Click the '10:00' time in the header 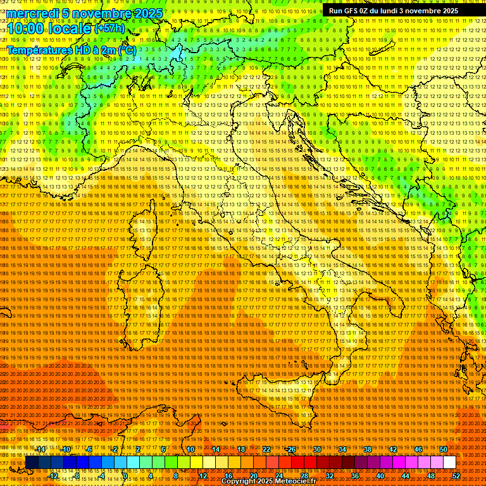24,29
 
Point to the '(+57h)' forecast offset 109,28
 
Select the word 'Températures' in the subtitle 37,49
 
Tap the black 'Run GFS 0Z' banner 394,11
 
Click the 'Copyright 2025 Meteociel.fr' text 277,482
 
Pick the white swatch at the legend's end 449,463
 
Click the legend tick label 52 456,476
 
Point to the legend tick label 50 443,449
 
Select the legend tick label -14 40,449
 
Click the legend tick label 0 125,476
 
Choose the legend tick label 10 190,449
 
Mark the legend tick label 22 266,449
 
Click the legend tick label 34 342,449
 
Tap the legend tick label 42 392,449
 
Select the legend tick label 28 304,476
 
